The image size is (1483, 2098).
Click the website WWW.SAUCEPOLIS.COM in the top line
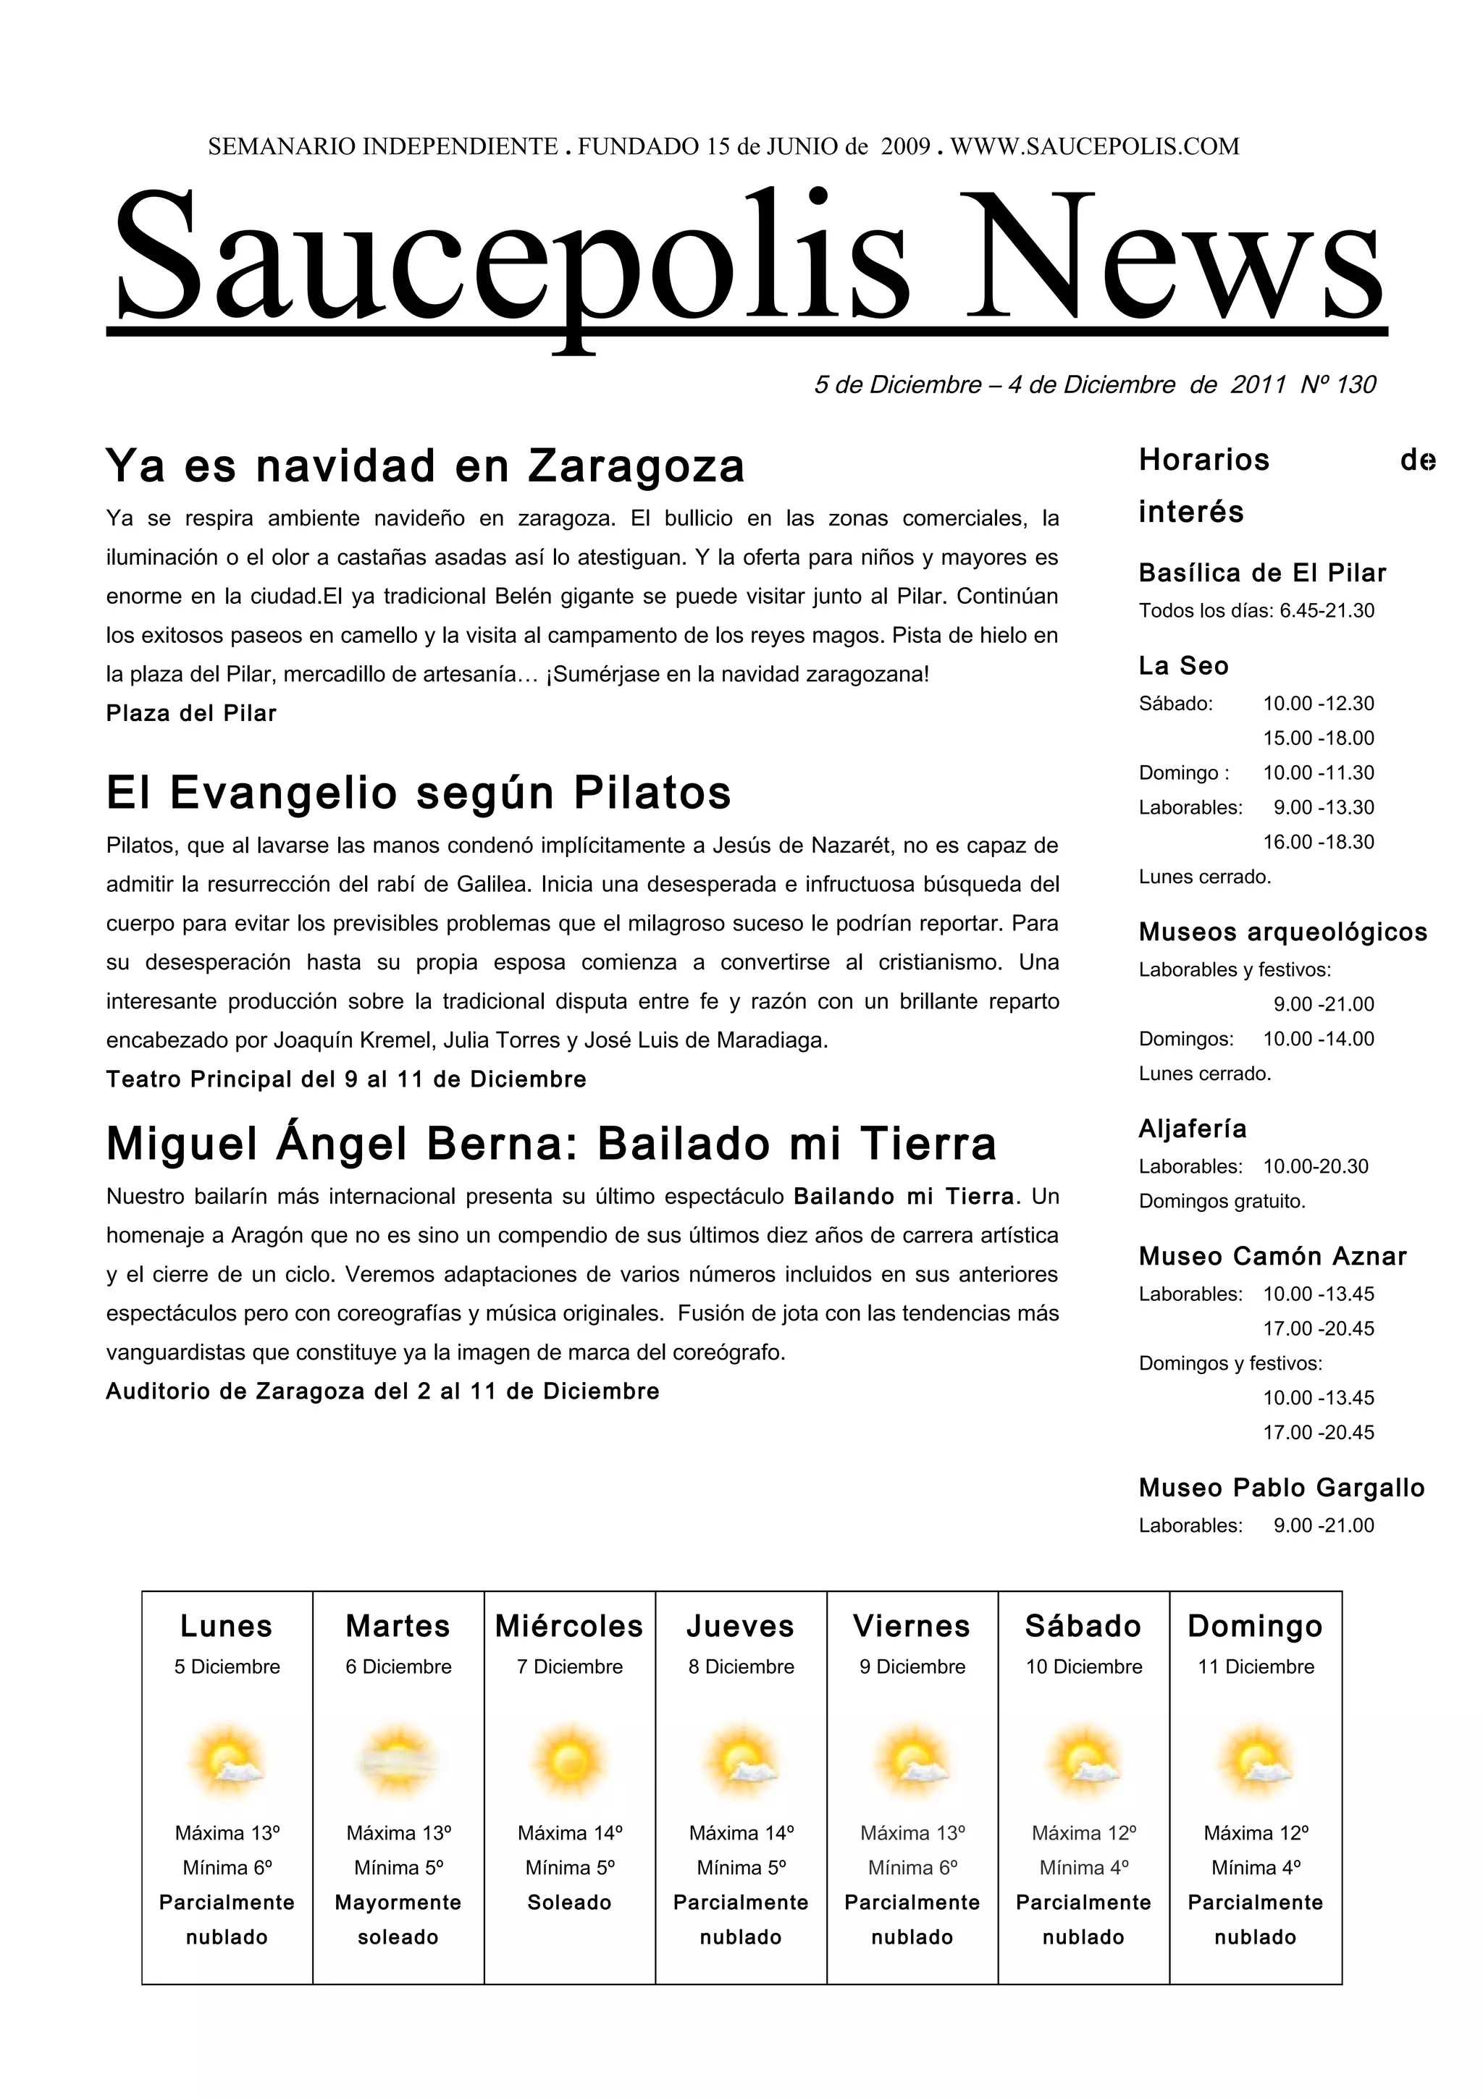point(1095,146)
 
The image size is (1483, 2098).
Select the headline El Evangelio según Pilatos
point(419,792)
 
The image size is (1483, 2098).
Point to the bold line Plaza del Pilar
point(191,713)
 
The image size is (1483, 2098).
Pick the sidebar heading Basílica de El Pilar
point(1262,573)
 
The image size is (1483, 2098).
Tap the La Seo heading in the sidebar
point(1183,665)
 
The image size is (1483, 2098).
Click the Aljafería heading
point(1193,1129)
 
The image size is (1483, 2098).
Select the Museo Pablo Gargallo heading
point(1281,1488)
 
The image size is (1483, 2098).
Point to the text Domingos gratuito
point(1222,1201)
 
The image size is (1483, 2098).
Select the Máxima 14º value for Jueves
point(741,1833)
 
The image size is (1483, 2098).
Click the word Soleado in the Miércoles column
point(569,1903)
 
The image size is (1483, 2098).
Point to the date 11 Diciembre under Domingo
point(1256,1667)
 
